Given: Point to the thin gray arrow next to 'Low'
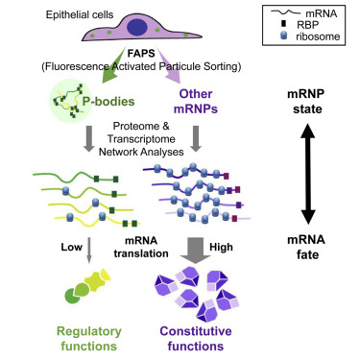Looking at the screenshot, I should pos(63,249).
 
